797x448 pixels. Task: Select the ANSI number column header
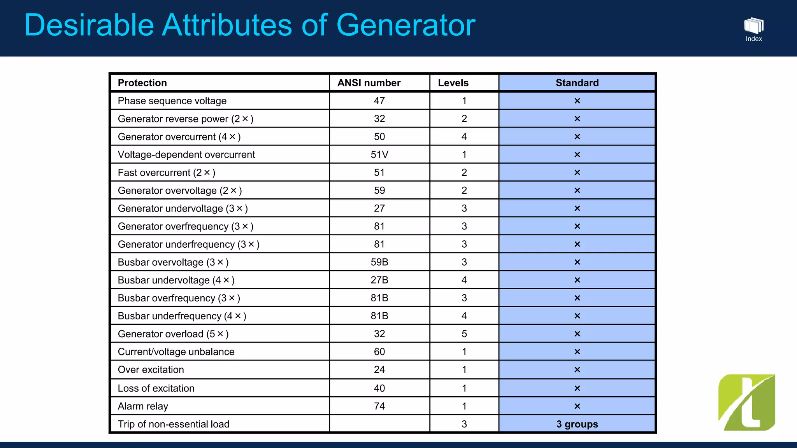(369, 83)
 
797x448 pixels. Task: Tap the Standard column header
(577, 83)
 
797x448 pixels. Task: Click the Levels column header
(453, 83)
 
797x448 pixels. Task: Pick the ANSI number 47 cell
(379, 101)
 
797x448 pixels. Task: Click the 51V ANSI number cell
(379, 154)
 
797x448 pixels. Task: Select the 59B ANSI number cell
(379, 262)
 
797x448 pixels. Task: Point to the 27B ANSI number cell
(379, 280)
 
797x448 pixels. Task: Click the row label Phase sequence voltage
(172, 101)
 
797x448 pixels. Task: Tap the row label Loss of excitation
(156, 388)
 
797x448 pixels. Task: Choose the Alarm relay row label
(143, 406)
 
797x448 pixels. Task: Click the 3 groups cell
(577, 424)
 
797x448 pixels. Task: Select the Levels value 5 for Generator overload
(464, 334)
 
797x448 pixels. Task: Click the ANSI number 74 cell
(379, 406)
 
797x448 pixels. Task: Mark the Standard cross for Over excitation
(577, 370)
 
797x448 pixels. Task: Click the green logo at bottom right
(746, 402)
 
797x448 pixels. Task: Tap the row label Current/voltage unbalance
(176, 352)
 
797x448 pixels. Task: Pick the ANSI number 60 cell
(379, 352)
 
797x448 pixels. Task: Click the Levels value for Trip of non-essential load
(464, 424)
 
